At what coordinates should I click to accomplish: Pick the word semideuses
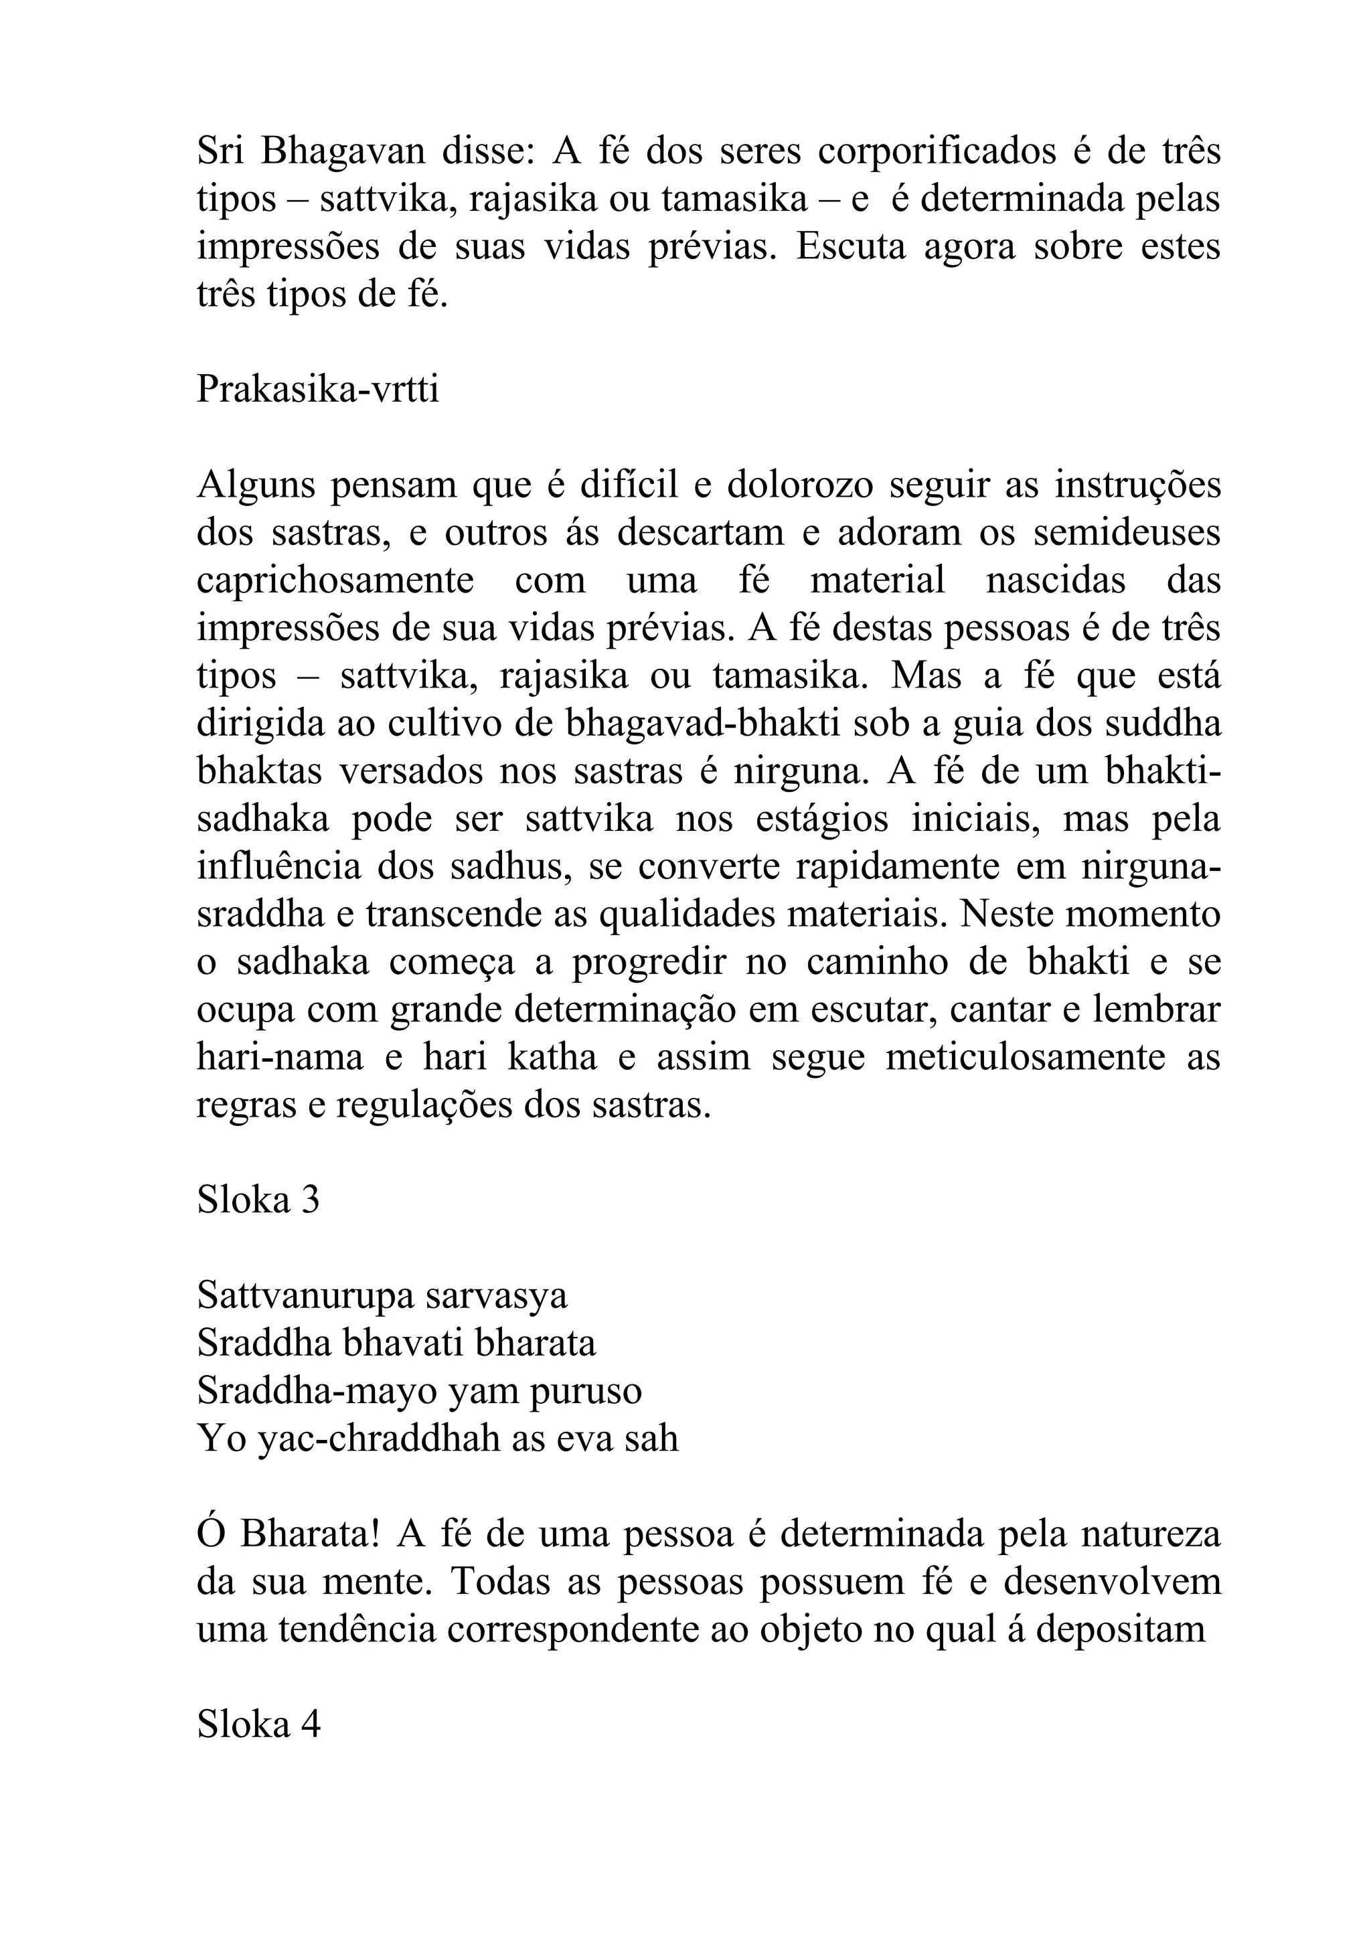point(1127,532)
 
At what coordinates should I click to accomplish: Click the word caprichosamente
point(335,580)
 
